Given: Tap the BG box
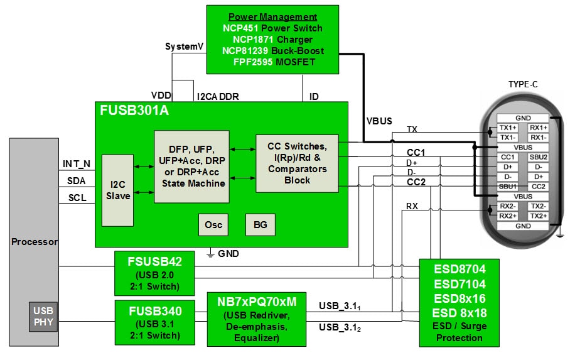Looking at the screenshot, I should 260,224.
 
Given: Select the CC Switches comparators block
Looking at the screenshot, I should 297,163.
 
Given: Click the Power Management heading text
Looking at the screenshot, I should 272,17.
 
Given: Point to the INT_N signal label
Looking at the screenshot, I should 77,164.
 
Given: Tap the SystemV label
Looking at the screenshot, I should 184,46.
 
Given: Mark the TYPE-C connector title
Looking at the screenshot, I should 523,84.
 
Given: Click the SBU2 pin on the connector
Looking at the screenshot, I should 538,156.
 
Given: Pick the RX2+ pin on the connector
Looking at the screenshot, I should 508,215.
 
